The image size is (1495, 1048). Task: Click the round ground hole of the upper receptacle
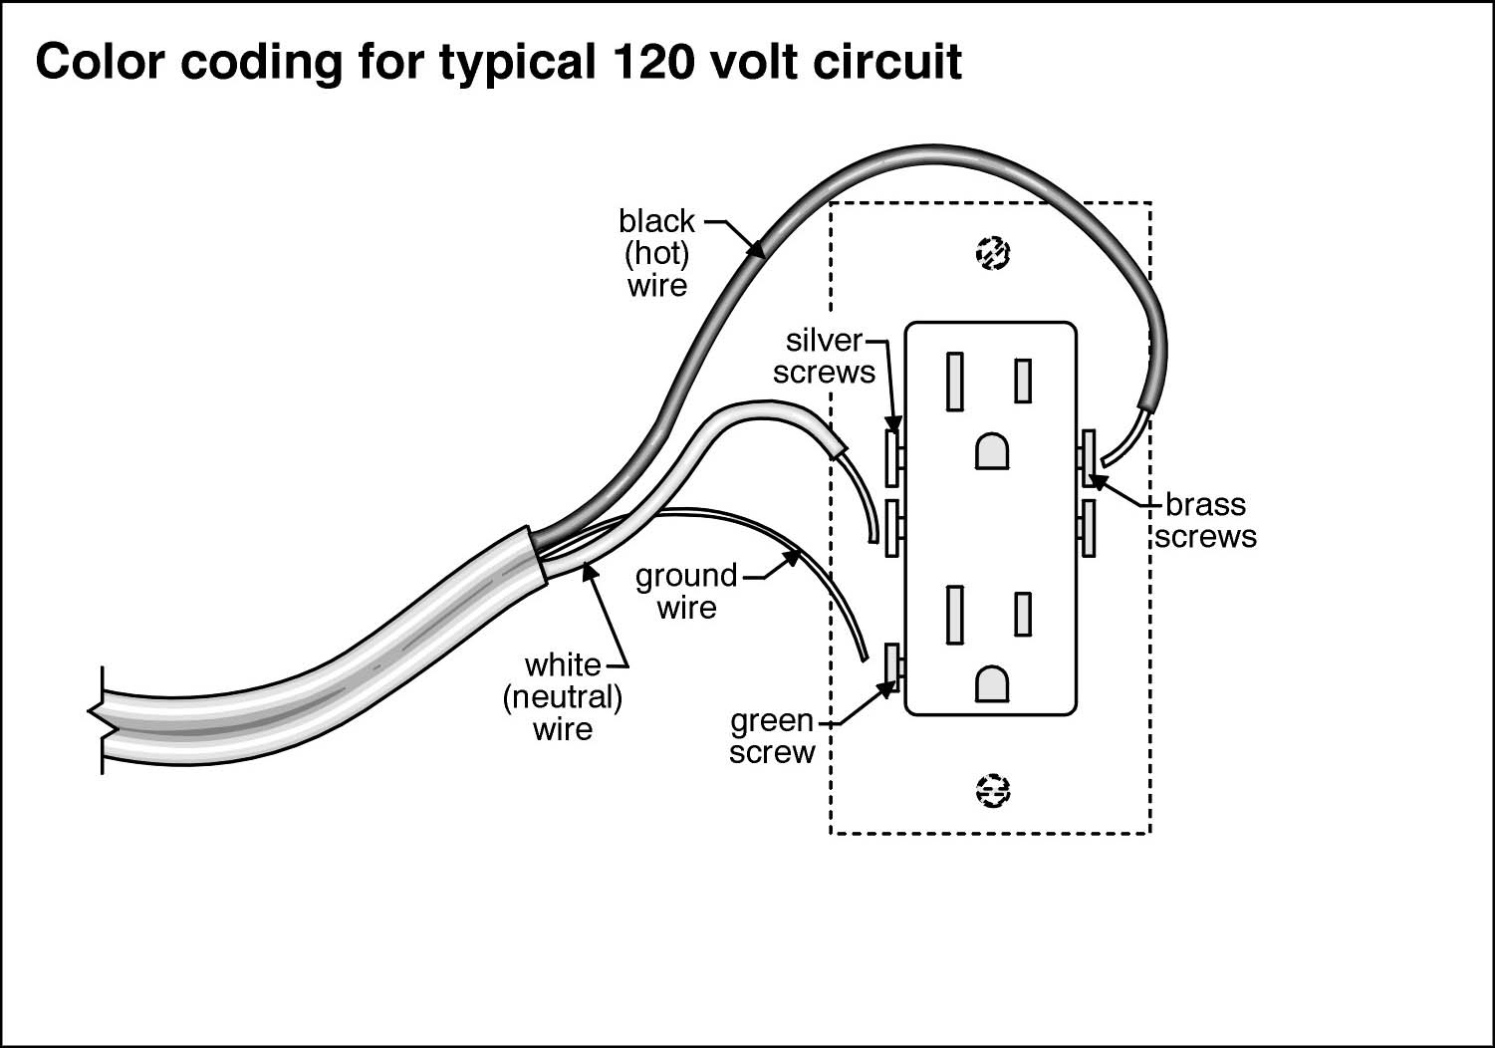click(992, 451)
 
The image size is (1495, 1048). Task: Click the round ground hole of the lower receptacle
click(992, 683)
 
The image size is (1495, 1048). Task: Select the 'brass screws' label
click(1205, 520)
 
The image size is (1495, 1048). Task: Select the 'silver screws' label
click(825, 356)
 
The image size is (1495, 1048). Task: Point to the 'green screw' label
click(772, 736)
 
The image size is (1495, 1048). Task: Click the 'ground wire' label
click(686, 592)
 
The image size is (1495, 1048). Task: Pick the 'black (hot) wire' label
click(656, 253)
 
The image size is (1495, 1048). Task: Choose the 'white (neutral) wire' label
click(563, 696)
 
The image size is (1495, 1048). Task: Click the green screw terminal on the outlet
click(892, 668)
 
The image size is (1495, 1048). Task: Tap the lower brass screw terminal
click(1090, 527)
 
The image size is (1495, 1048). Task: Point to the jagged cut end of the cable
click(98, 719)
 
